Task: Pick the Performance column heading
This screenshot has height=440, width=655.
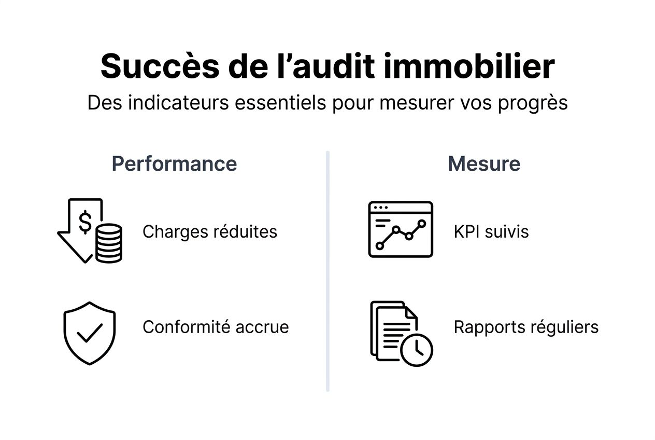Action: [174, 164]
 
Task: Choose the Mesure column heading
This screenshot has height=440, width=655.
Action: [483, 164]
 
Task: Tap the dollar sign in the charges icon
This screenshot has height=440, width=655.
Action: [86, 223]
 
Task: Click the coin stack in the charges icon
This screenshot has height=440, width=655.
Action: [108, 243]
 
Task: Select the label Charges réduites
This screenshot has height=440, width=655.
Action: [210, 231]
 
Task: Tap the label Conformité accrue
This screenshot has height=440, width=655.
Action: [216, 327]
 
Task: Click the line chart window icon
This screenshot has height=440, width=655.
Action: [400, 229]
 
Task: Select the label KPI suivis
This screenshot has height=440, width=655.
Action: [491, 231]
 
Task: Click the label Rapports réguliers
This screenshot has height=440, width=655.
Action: [526, 327]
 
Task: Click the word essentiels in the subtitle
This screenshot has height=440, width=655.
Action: [280, 103]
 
